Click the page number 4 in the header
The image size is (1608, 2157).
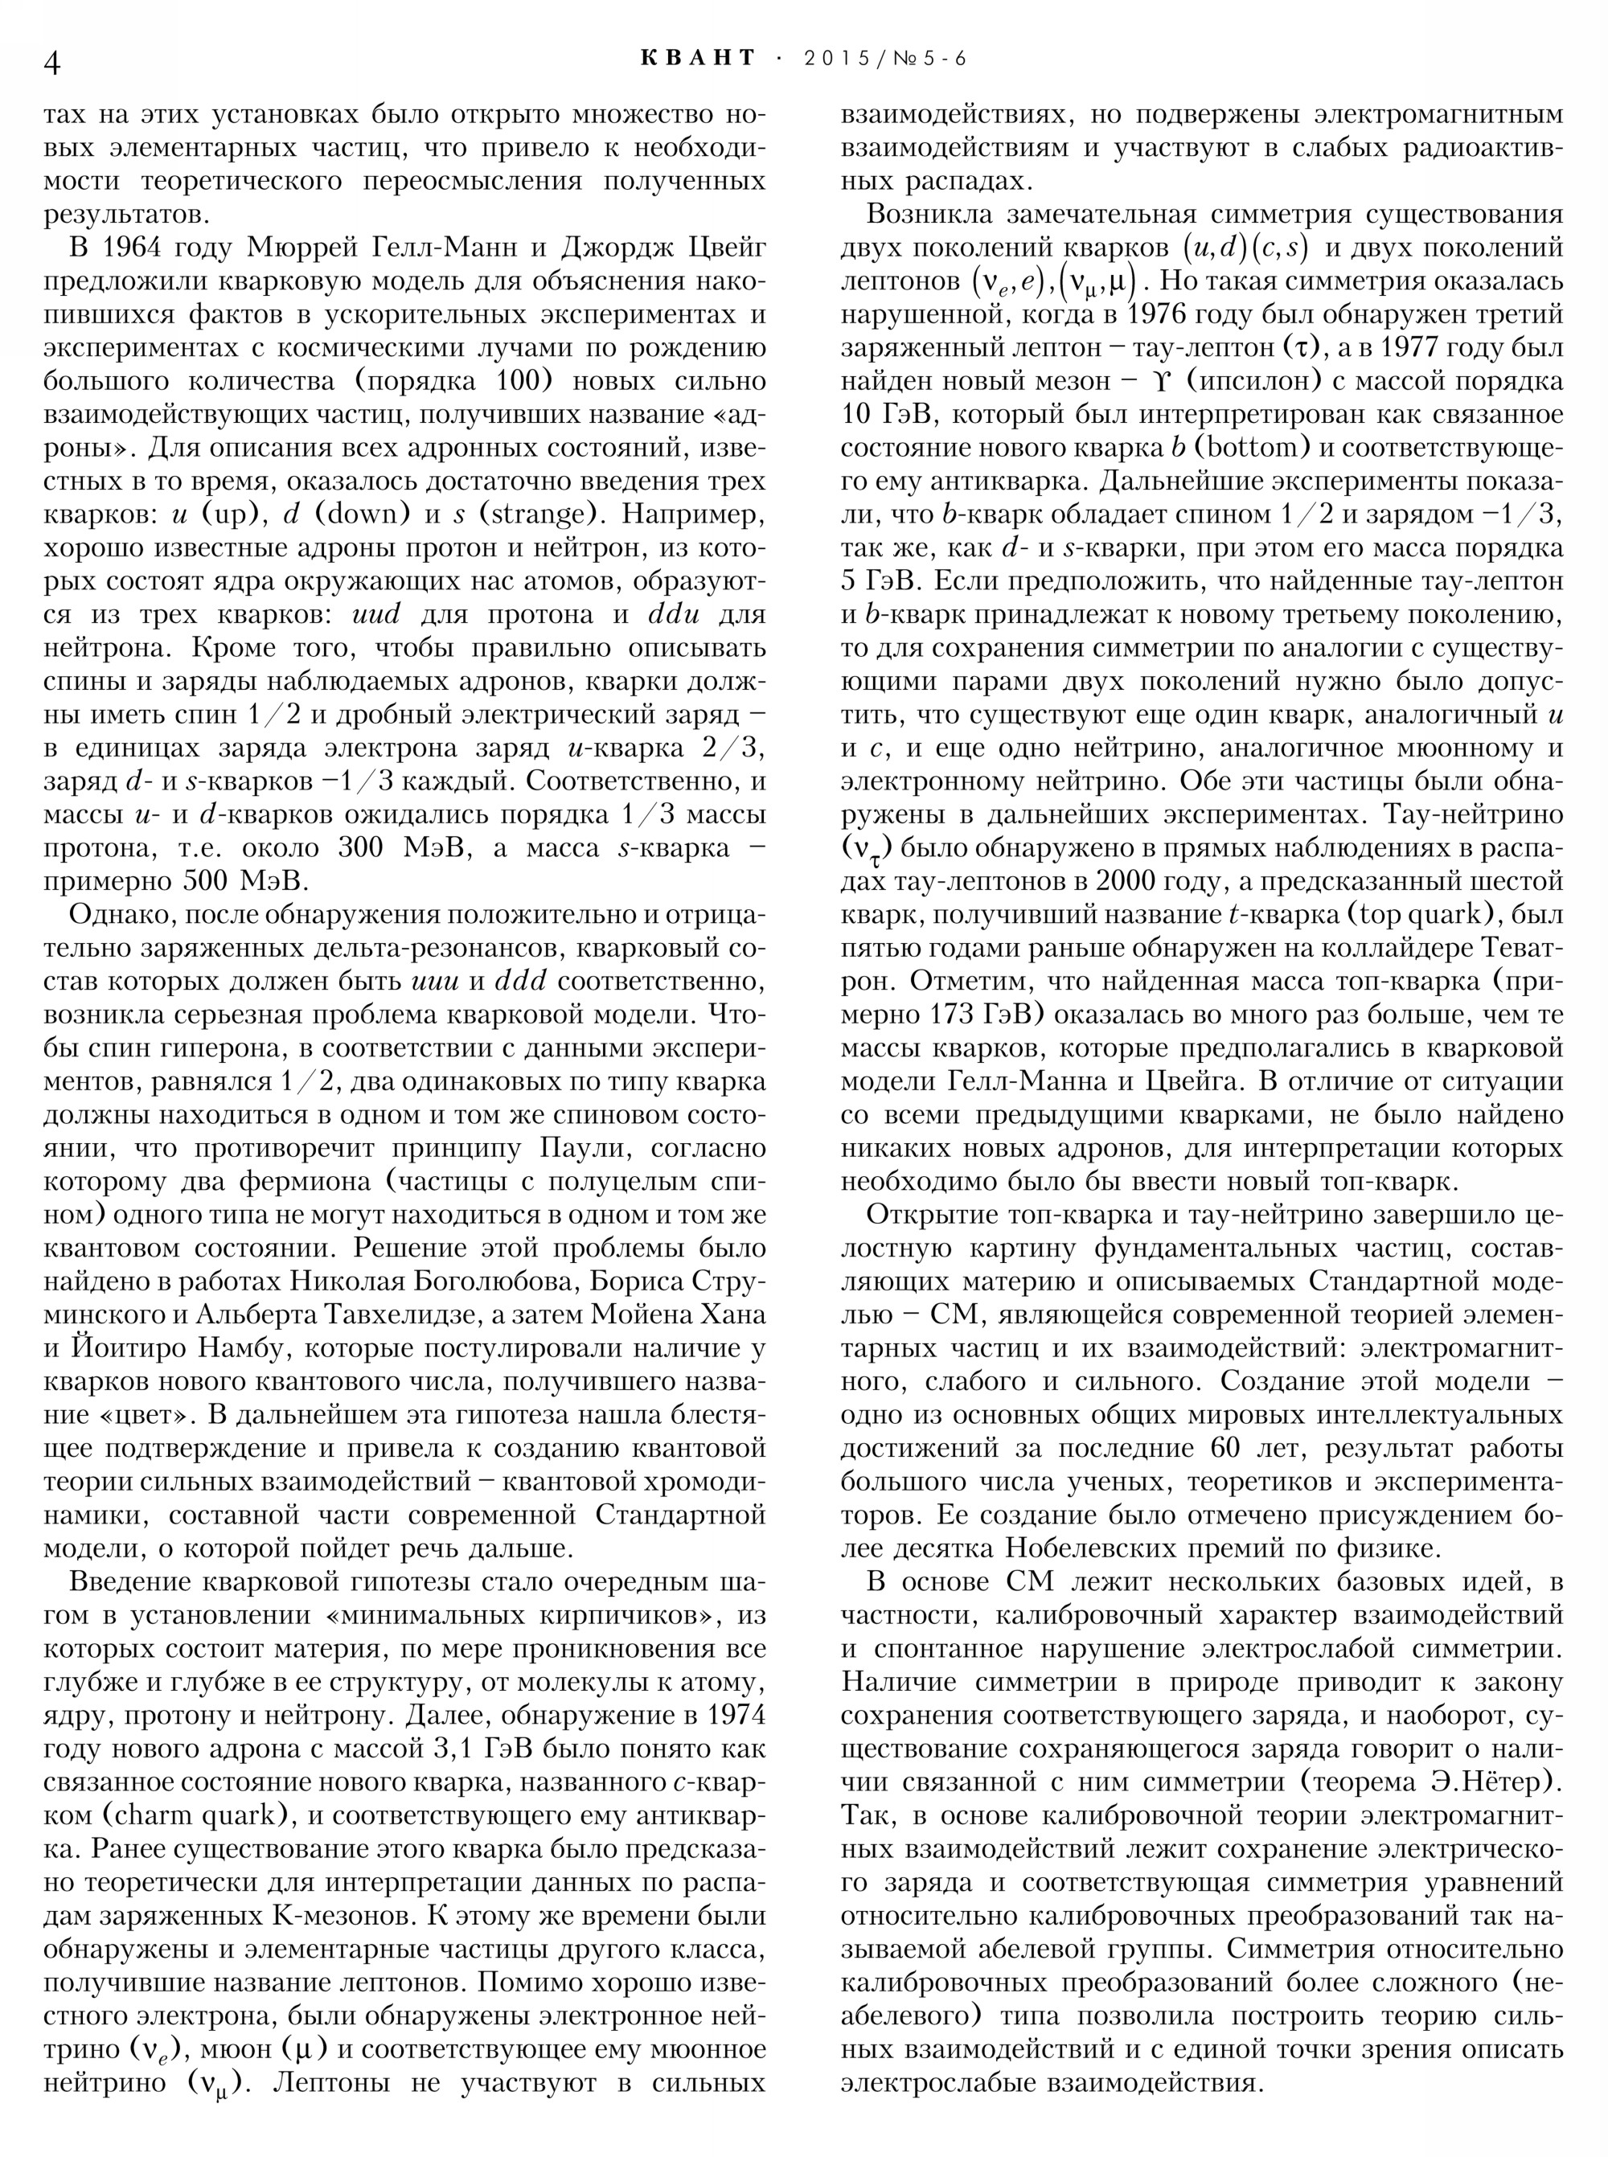54,62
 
